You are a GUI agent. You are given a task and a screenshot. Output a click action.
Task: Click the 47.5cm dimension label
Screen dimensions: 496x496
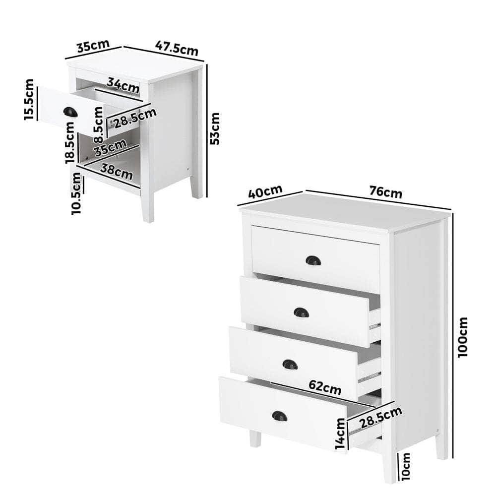click(177, 48)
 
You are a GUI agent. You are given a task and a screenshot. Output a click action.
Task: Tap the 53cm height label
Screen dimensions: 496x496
click(215, 128)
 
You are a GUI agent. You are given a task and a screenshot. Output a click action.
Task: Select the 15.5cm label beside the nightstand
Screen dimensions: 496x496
click(29, 99)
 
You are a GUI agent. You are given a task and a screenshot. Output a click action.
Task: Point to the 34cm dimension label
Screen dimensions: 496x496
click(123, 86)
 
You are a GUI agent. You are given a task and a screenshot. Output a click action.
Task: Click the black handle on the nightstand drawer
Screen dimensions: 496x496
click(70, 112)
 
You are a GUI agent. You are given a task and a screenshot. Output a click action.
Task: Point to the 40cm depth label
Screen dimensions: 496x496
click(265, 191)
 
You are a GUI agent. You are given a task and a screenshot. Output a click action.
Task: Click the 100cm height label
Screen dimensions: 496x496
click(463, 338)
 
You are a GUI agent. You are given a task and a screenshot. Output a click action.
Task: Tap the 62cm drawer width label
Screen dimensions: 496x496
click(325, 386)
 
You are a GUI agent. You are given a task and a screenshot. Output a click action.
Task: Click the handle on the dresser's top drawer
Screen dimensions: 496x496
click(313, 260)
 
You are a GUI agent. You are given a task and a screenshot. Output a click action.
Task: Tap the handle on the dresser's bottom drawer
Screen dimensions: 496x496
click(280, 416)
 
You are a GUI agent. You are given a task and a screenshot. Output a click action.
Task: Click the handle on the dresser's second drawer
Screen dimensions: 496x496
click(301, 312)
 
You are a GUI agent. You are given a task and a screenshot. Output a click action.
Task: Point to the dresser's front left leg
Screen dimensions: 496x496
click(255, 438)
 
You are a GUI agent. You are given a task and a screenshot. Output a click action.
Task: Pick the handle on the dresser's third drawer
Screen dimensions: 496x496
click(290, 365)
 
